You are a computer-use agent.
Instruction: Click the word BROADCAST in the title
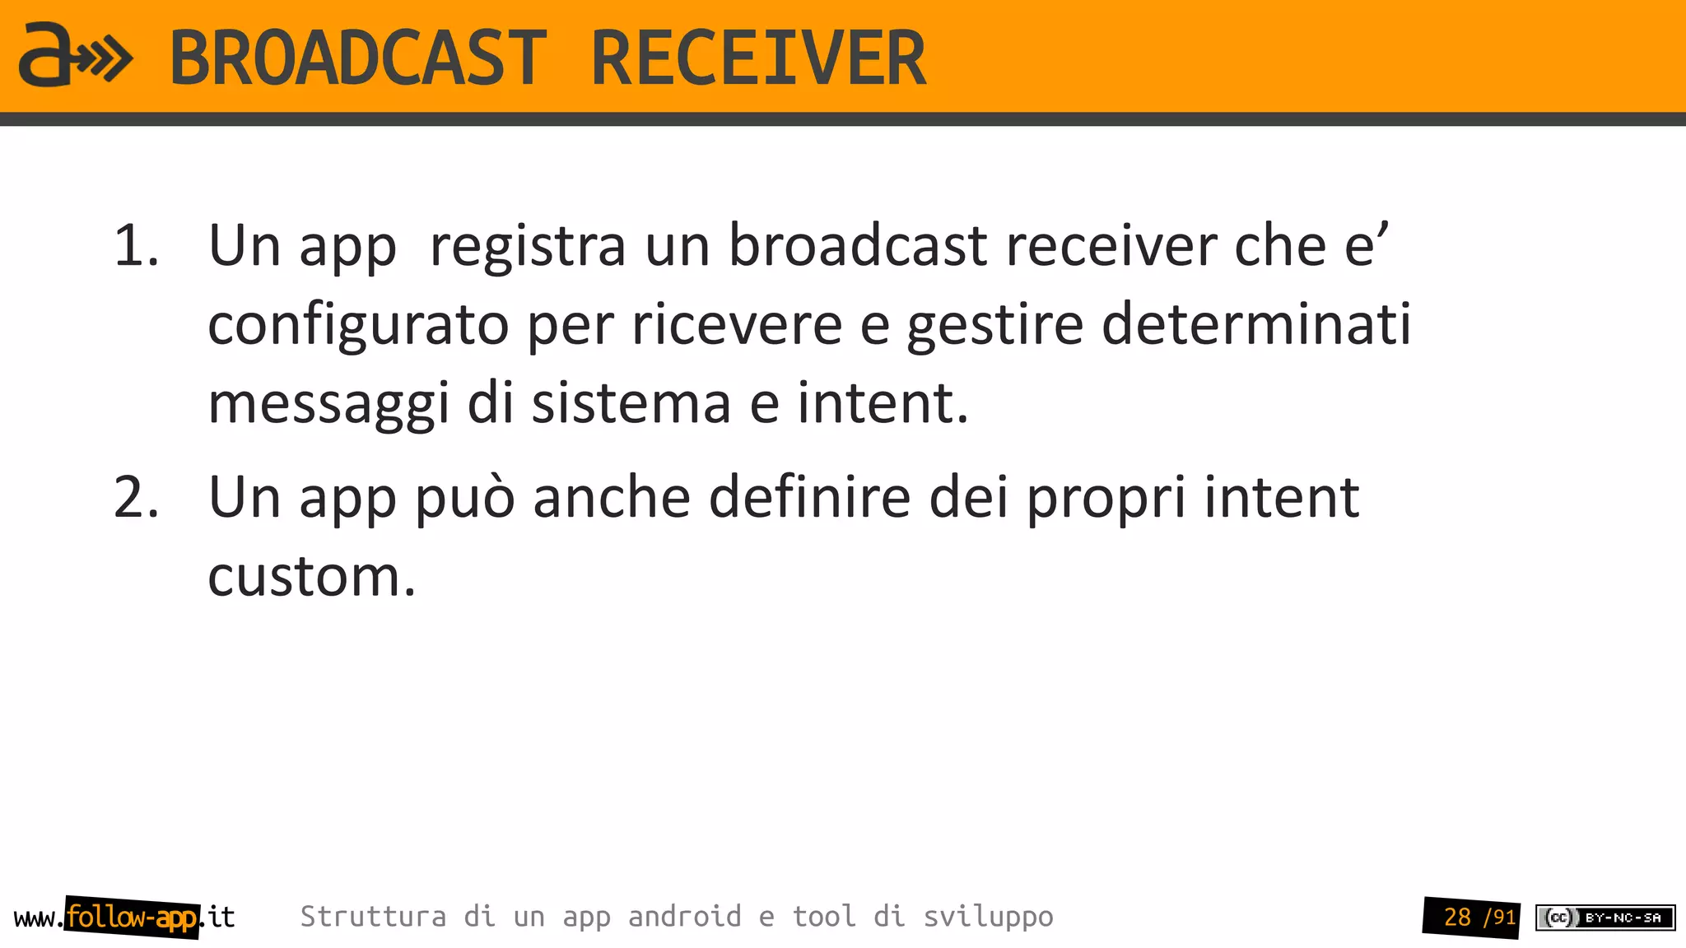pyautogui.click(x=358, y=58)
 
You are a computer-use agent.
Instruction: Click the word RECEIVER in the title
pyautogui.click(x=758, y=58)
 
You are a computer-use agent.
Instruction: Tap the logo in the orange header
pyautogui.click(x=75, y=55)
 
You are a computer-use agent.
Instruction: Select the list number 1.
pyautogui.click(x=135, y=245)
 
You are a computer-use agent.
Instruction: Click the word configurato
pyautogui.click(x=358, y=324)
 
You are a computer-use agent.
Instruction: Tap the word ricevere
pyautogui.click(x=737, y=324)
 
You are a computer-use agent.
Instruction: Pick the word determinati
pyautogui.click(x=1256, y=324)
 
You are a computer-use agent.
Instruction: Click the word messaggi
pyautogui.click(x=328, y=403)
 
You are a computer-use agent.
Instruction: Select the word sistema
pyautogui.click(x=631, y=403)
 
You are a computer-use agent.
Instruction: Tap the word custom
pyautogui.click(x=311, y=576)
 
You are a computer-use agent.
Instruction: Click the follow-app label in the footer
pyautogui.click(x=132, y=917)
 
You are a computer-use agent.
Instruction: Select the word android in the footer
pyautogui.click(x=684, y=917)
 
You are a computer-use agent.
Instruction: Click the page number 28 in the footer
pyautogui.click(x=1457, y=917)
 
